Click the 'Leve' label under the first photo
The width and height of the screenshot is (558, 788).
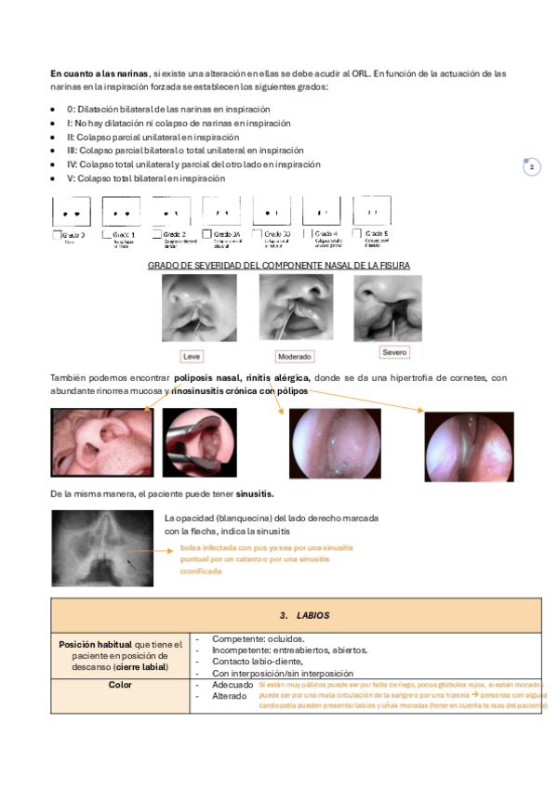point(193,356)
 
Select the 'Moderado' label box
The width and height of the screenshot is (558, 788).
point(295,356)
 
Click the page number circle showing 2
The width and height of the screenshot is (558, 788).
point(532,167)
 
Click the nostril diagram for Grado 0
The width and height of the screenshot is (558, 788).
point(75,213)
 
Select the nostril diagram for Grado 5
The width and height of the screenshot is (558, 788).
point(375,211)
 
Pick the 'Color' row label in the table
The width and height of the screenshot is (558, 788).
point(119,685)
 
